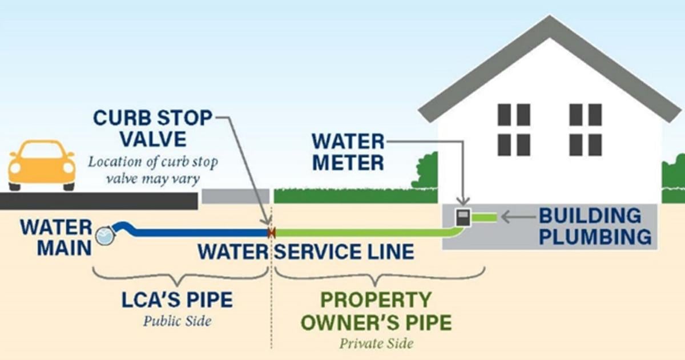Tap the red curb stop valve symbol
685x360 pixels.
(272, 233)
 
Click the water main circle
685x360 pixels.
(104, 235)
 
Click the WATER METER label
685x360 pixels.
(348, 152)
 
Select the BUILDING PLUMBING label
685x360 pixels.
(595, 226)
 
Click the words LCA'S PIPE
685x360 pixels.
(178, 300)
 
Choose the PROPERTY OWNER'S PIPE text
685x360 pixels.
(376, 312)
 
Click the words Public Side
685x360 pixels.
(177, 321)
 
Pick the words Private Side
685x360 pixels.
(376, 343)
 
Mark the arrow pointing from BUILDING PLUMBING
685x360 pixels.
(517, 217)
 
